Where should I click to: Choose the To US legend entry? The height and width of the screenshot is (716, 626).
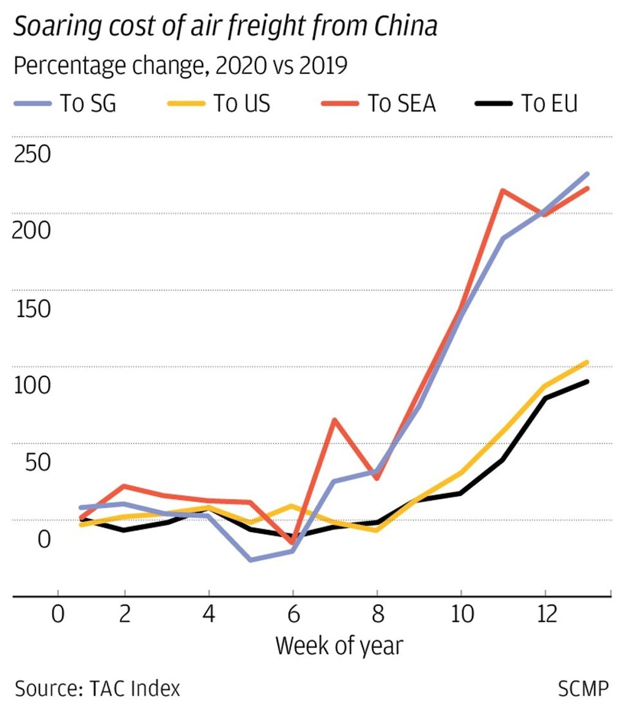coord(241,104)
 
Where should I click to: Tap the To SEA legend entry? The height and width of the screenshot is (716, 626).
coord(401,104)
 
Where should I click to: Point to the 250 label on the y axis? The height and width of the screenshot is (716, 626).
coord(32,155)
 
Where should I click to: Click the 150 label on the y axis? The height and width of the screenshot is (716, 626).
coord(32,309)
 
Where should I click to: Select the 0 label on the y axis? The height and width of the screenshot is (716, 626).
coord(44,539)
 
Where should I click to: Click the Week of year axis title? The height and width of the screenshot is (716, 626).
coord(339,645)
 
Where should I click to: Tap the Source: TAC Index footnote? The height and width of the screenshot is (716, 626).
coord(98,689)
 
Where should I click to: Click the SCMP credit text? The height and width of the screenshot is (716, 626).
coord(583,689)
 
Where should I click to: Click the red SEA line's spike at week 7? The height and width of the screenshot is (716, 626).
coord(334,420)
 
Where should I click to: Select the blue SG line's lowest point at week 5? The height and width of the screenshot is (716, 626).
coord(251,560)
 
